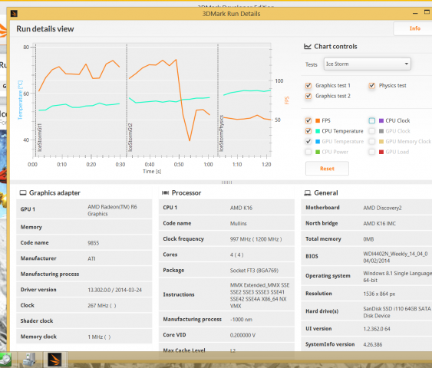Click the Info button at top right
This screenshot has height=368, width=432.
point(414,28)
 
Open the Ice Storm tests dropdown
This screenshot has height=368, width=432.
point(367,64)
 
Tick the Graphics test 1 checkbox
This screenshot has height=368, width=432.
point(308,86)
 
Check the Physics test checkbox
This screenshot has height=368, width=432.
point(372,86)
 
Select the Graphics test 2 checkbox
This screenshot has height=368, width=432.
point(308,97)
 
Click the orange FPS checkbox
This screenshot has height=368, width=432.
point(308,120)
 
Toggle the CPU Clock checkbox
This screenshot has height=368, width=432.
point(372,120)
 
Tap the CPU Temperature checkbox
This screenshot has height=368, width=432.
point(308,131)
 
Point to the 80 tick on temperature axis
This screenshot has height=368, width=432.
point(26,47)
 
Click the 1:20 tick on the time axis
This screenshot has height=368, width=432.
point(266,165)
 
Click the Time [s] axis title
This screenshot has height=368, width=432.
point(152,172)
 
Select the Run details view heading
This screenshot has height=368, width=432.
point(45,29)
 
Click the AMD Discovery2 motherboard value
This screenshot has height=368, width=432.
point(384,208)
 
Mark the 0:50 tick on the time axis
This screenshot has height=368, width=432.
point(179,165)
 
